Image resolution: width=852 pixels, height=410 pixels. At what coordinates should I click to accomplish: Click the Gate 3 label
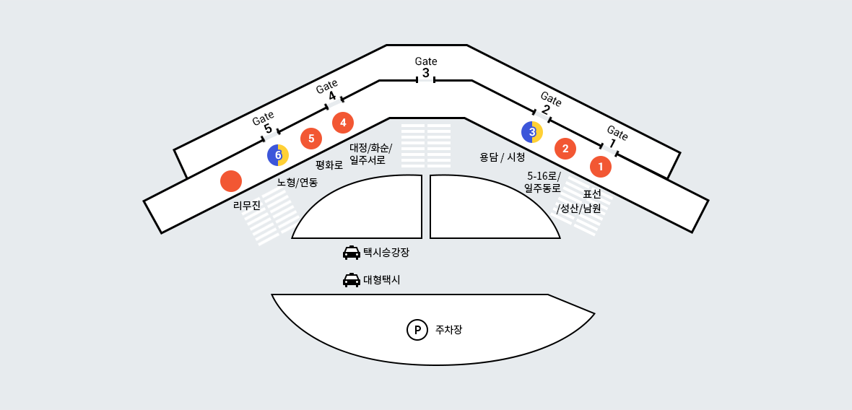click(x=426, y=67)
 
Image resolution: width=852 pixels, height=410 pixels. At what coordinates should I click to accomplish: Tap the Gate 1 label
click(x=615, y=136)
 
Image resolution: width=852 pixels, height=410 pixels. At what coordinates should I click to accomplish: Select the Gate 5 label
click(x=265, y=122)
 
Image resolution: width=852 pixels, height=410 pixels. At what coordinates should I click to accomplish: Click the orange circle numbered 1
click(x=600, y=167)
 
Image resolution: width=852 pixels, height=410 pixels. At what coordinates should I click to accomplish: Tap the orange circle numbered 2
click(x=565, y=149)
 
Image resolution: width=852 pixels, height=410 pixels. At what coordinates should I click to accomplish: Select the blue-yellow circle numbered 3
click(x=532, y=131)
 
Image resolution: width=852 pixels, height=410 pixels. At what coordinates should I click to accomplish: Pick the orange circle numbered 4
click(x=343, y=123)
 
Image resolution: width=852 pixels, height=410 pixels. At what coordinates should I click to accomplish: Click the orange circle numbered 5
click(x=311, y=138)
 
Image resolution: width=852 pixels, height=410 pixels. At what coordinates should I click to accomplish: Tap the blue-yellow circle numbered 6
click(x=278, y=154)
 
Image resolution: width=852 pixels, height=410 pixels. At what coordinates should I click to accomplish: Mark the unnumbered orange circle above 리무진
click(x=231, y=180)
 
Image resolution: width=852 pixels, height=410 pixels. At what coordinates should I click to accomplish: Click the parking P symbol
click(x=417, y=330)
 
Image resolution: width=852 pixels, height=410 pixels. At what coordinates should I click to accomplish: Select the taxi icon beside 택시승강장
click(x=352, y=253)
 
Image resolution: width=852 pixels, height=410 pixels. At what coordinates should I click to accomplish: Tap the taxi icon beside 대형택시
click(x=352, y=280)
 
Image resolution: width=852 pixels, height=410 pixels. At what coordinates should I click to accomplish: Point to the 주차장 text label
click(x=448, y=330)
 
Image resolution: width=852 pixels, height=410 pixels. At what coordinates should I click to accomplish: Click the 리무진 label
click(x=247, y=206)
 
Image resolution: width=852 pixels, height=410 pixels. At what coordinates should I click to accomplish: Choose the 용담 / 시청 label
click(x=502, y=157)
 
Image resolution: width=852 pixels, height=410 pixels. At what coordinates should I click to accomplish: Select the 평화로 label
click(x=329, y=165)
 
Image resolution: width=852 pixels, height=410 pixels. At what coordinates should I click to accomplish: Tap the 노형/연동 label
click(x=297, y=182)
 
